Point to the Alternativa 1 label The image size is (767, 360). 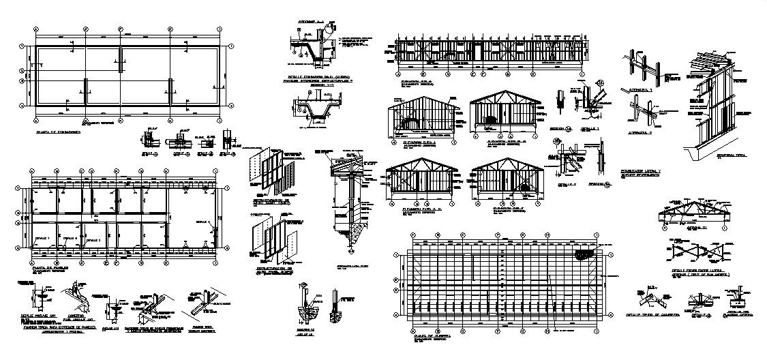point(640,90)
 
